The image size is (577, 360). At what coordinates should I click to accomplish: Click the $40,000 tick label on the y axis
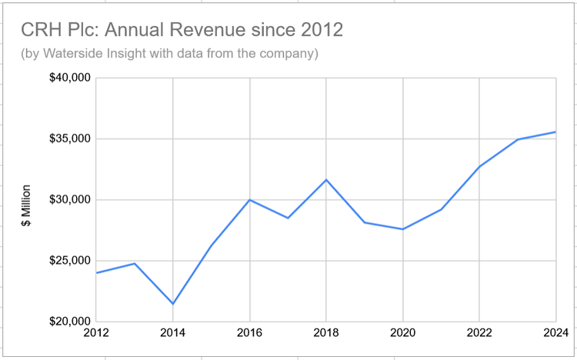(70, 78)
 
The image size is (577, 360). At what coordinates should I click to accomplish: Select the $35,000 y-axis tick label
(70, 139)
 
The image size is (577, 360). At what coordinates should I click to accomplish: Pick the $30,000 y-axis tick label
(70, 200)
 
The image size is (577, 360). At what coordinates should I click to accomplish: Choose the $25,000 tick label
(70, 261)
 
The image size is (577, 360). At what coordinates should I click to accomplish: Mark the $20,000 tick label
(70, 322)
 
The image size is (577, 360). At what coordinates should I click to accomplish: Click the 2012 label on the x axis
(97, 332)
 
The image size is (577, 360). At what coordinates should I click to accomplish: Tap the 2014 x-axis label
(173, 332)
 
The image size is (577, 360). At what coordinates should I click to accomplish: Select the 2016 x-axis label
(249, 332)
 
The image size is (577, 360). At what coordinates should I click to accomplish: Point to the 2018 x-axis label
(326, 332)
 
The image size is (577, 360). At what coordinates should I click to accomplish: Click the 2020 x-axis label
(402, 332)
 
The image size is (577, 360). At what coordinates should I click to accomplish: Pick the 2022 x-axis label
(479, 332)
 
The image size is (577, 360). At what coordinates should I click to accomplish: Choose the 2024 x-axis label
(554, 332)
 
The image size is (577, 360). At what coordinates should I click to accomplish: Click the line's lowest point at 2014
(173, 304)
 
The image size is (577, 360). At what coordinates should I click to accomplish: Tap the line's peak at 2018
(326, 180)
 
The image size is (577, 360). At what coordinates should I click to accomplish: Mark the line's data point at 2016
(249, 200)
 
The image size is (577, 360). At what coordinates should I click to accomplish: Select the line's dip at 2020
(402, 229)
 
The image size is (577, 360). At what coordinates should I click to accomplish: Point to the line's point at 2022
(479, 166)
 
